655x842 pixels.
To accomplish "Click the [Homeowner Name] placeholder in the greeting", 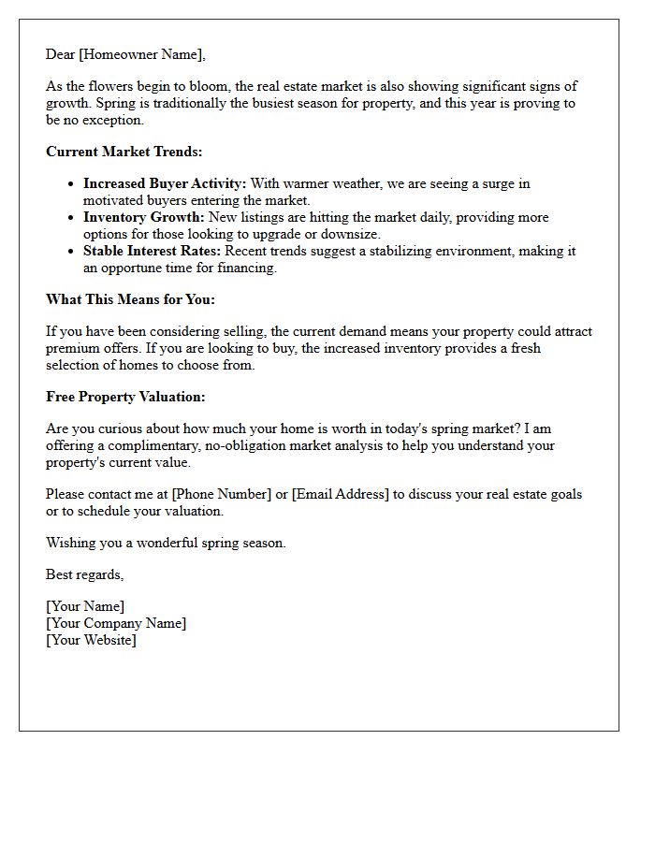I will pyautogui.click(x=141, y=54).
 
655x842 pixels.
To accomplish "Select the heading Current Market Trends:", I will pyautogui.click(x=124, y=152).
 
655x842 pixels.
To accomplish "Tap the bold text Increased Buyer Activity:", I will pyautogui.click(x=165, y=184).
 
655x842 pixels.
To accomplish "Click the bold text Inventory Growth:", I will pyautogui.click(x=143, y=218).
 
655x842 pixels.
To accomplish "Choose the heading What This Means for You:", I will pyautogui.click(x=131, y=299).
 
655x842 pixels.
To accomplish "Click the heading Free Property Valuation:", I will pyautogui.click(x=125, y=397).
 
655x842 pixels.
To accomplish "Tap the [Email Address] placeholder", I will pyautogui.click(x=340, y=494).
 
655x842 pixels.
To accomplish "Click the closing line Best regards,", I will pyautogui.click(x=84, y=573).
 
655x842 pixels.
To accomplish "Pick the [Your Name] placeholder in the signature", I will pyautogui.click(x=85, y=606).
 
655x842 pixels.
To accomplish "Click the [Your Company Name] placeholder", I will pyautogui.click(x=116, y=623).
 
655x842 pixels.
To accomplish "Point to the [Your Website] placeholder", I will pyautogui.click(x=91, y=640).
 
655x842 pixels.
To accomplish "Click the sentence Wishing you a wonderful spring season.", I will pyautogui.click(x=166, y=543).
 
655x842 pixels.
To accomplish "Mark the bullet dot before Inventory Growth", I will pyautogui.click(x=71, y=218).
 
